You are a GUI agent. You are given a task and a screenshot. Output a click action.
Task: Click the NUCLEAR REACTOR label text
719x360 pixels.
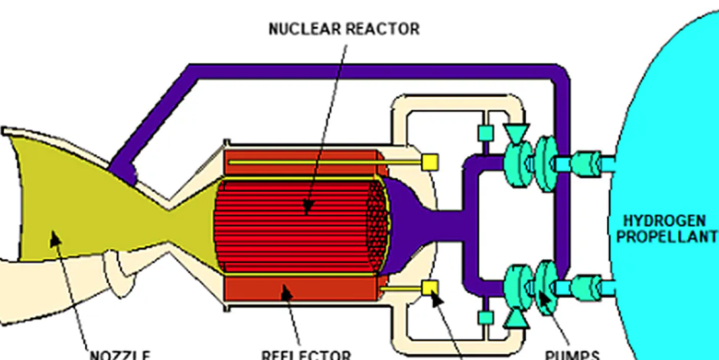click(x=344, y=29)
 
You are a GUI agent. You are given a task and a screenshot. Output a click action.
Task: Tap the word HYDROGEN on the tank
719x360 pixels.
click(x=668, y=221)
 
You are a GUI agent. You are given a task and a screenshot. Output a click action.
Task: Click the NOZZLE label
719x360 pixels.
click(x=120, y=355)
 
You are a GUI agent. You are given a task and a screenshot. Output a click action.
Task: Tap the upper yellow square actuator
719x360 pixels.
click(x=430, y=162)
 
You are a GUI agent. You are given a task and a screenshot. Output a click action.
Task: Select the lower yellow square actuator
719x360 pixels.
click(x=430, y=287)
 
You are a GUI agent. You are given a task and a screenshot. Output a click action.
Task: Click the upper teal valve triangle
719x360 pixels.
click(x=515, y=132)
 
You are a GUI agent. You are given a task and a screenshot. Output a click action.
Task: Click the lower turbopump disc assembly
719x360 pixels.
click(x=533, y=286)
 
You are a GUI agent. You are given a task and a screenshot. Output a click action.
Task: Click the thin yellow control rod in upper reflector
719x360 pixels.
click(x=320, y=162)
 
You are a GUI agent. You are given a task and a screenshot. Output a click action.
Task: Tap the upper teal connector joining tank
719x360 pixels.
click(x=586, y=162)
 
